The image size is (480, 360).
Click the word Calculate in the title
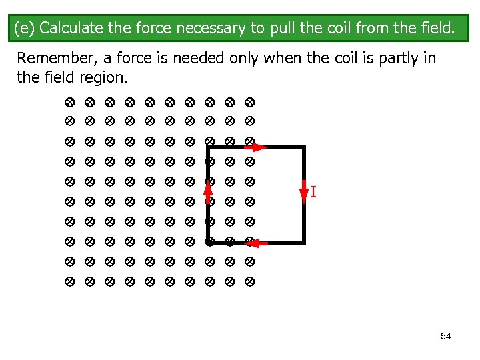(x=69, y=29)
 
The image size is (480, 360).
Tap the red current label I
(x=313, y=193)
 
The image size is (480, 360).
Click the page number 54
(x=446, y=336)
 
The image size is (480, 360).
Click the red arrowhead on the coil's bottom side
(x=261, y=243)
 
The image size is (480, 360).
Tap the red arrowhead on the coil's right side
(x=304, y=193)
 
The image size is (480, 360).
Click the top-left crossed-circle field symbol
(x=69, y=103)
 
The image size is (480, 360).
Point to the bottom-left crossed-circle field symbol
(x=69, y=282)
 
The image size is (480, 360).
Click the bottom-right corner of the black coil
(x=303, y=242)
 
